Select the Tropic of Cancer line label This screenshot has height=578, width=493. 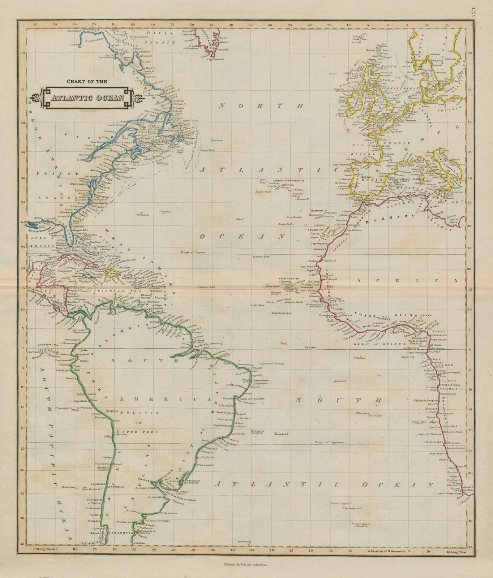click(194, 253)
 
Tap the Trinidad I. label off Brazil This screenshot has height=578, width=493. click(282, 433)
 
